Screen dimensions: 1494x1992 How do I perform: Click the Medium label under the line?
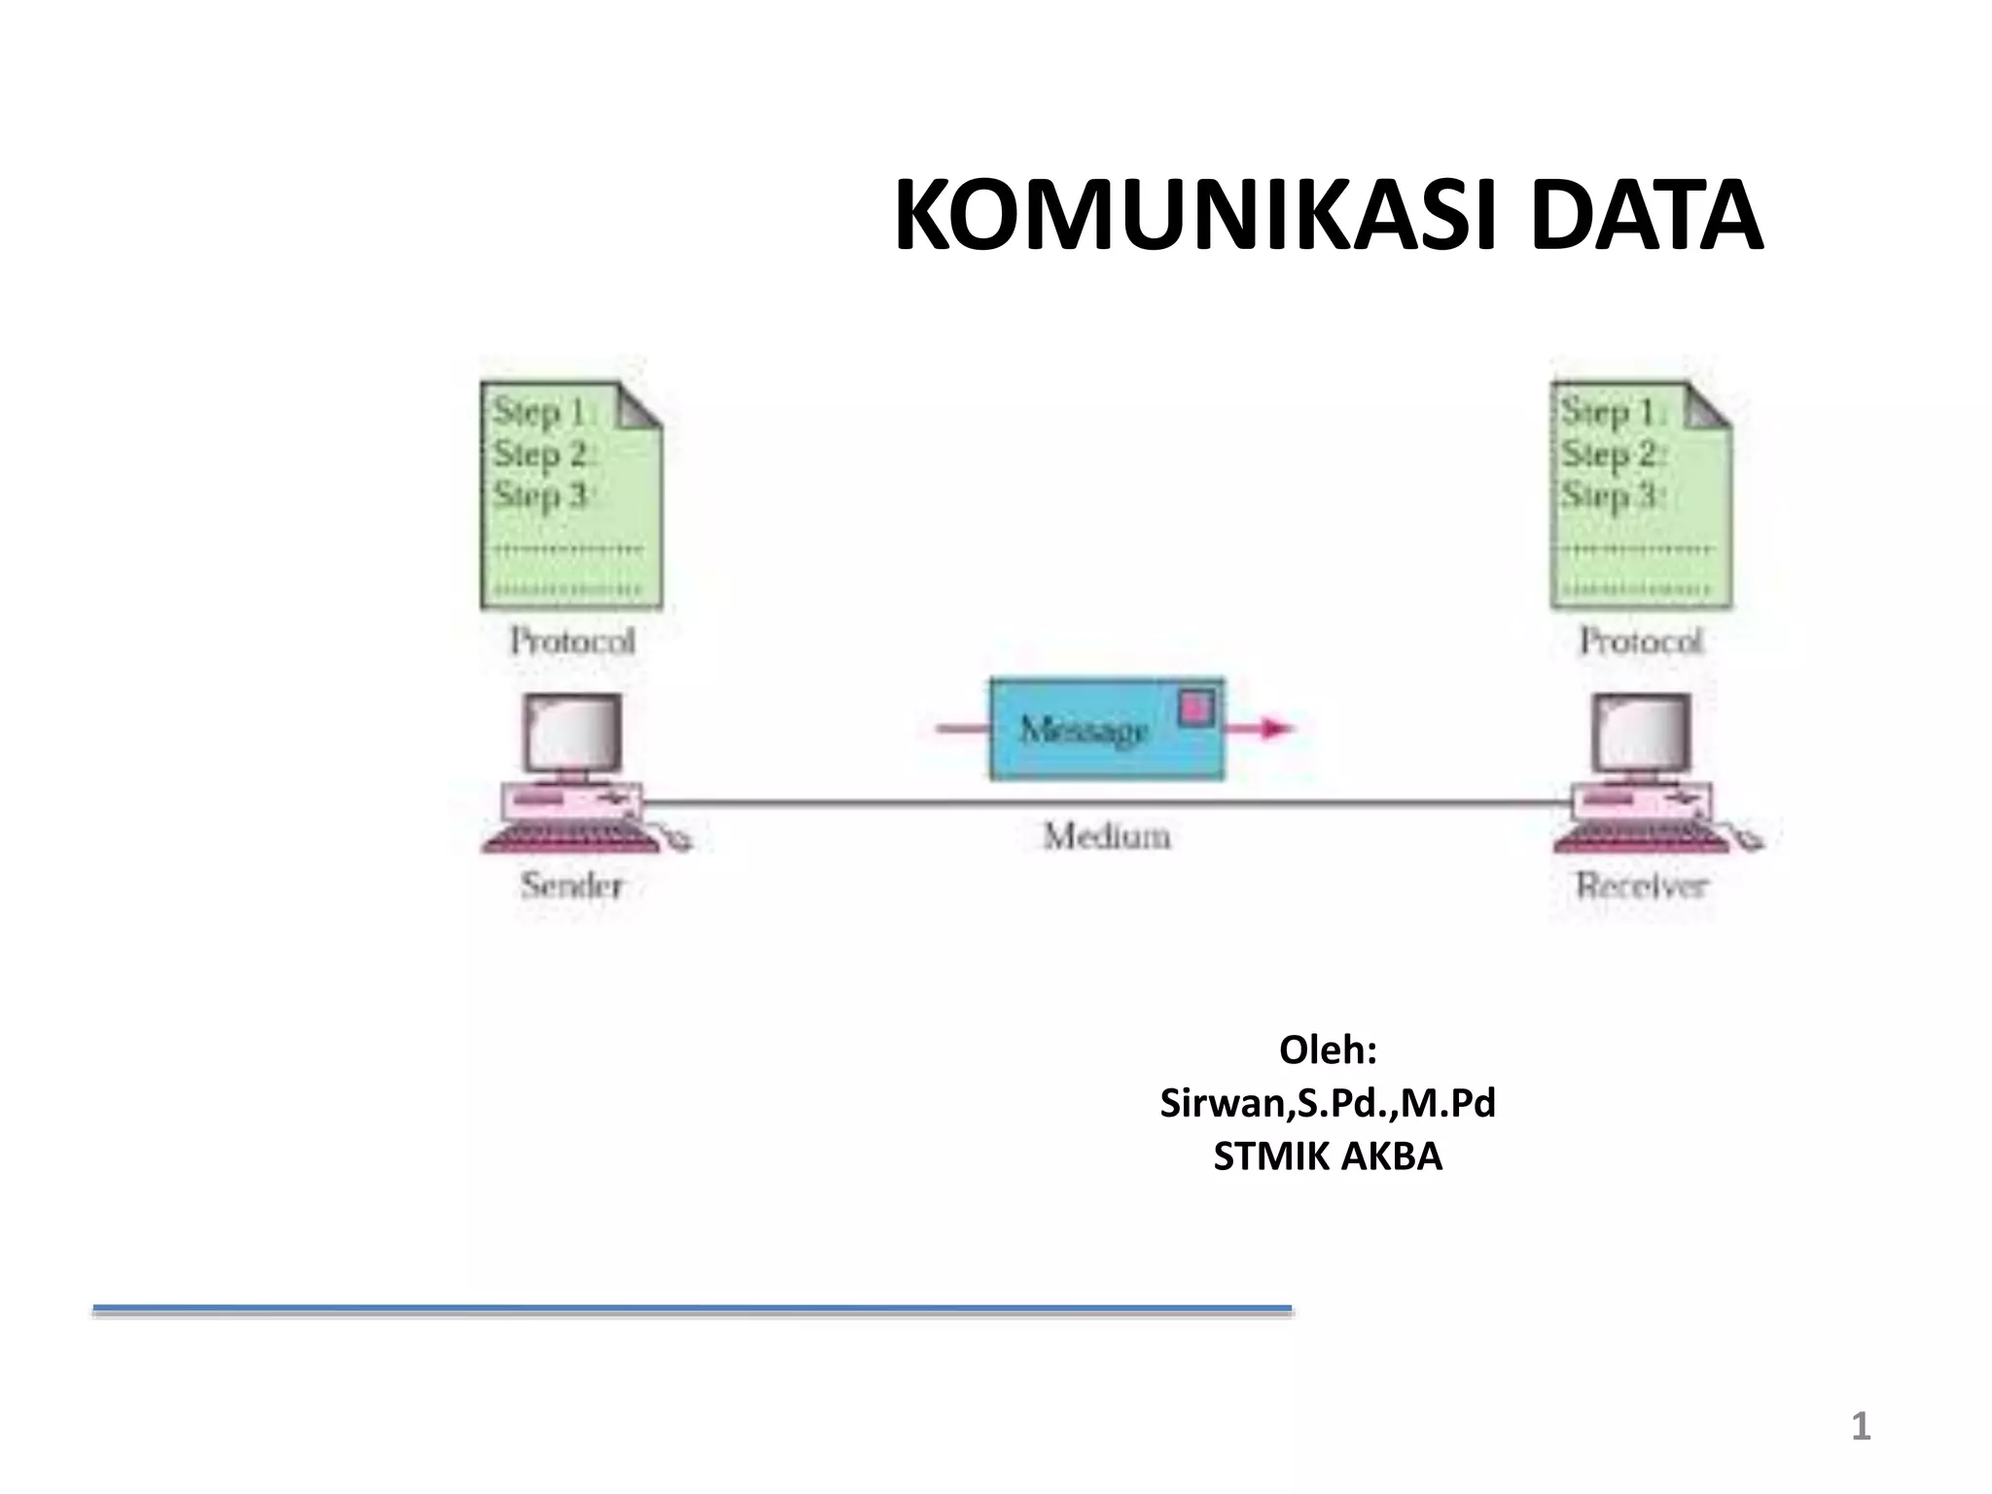(1106, 836)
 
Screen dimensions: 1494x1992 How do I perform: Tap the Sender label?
(571, 885)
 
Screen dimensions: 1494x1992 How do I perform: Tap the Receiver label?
(1641, 885)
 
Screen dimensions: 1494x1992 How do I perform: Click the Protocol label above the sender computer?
(572, 641)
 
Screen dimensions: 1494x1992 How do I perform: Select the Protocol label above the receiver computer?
(1641, 641)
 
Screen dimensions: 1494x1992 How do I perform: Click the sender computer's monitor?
(572, 732)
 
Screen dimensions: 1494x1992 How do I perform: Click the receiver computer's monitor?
(1641, 732)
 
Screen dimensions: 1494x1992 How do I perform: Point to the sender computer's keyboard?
(569, 838)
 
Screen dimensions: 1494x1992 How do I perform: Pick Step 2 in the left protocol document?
(542, 454)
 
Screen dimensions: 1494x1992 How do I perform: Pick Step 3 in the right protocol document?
(1612, 495)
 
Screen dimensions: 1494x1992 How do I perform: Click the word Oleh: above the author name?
(1328, 1050)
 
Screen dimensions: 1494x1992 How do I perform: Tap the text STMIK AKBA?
(1328, 1156)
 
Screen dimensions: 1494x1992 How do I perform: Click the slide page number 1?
(1860, 1427)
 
